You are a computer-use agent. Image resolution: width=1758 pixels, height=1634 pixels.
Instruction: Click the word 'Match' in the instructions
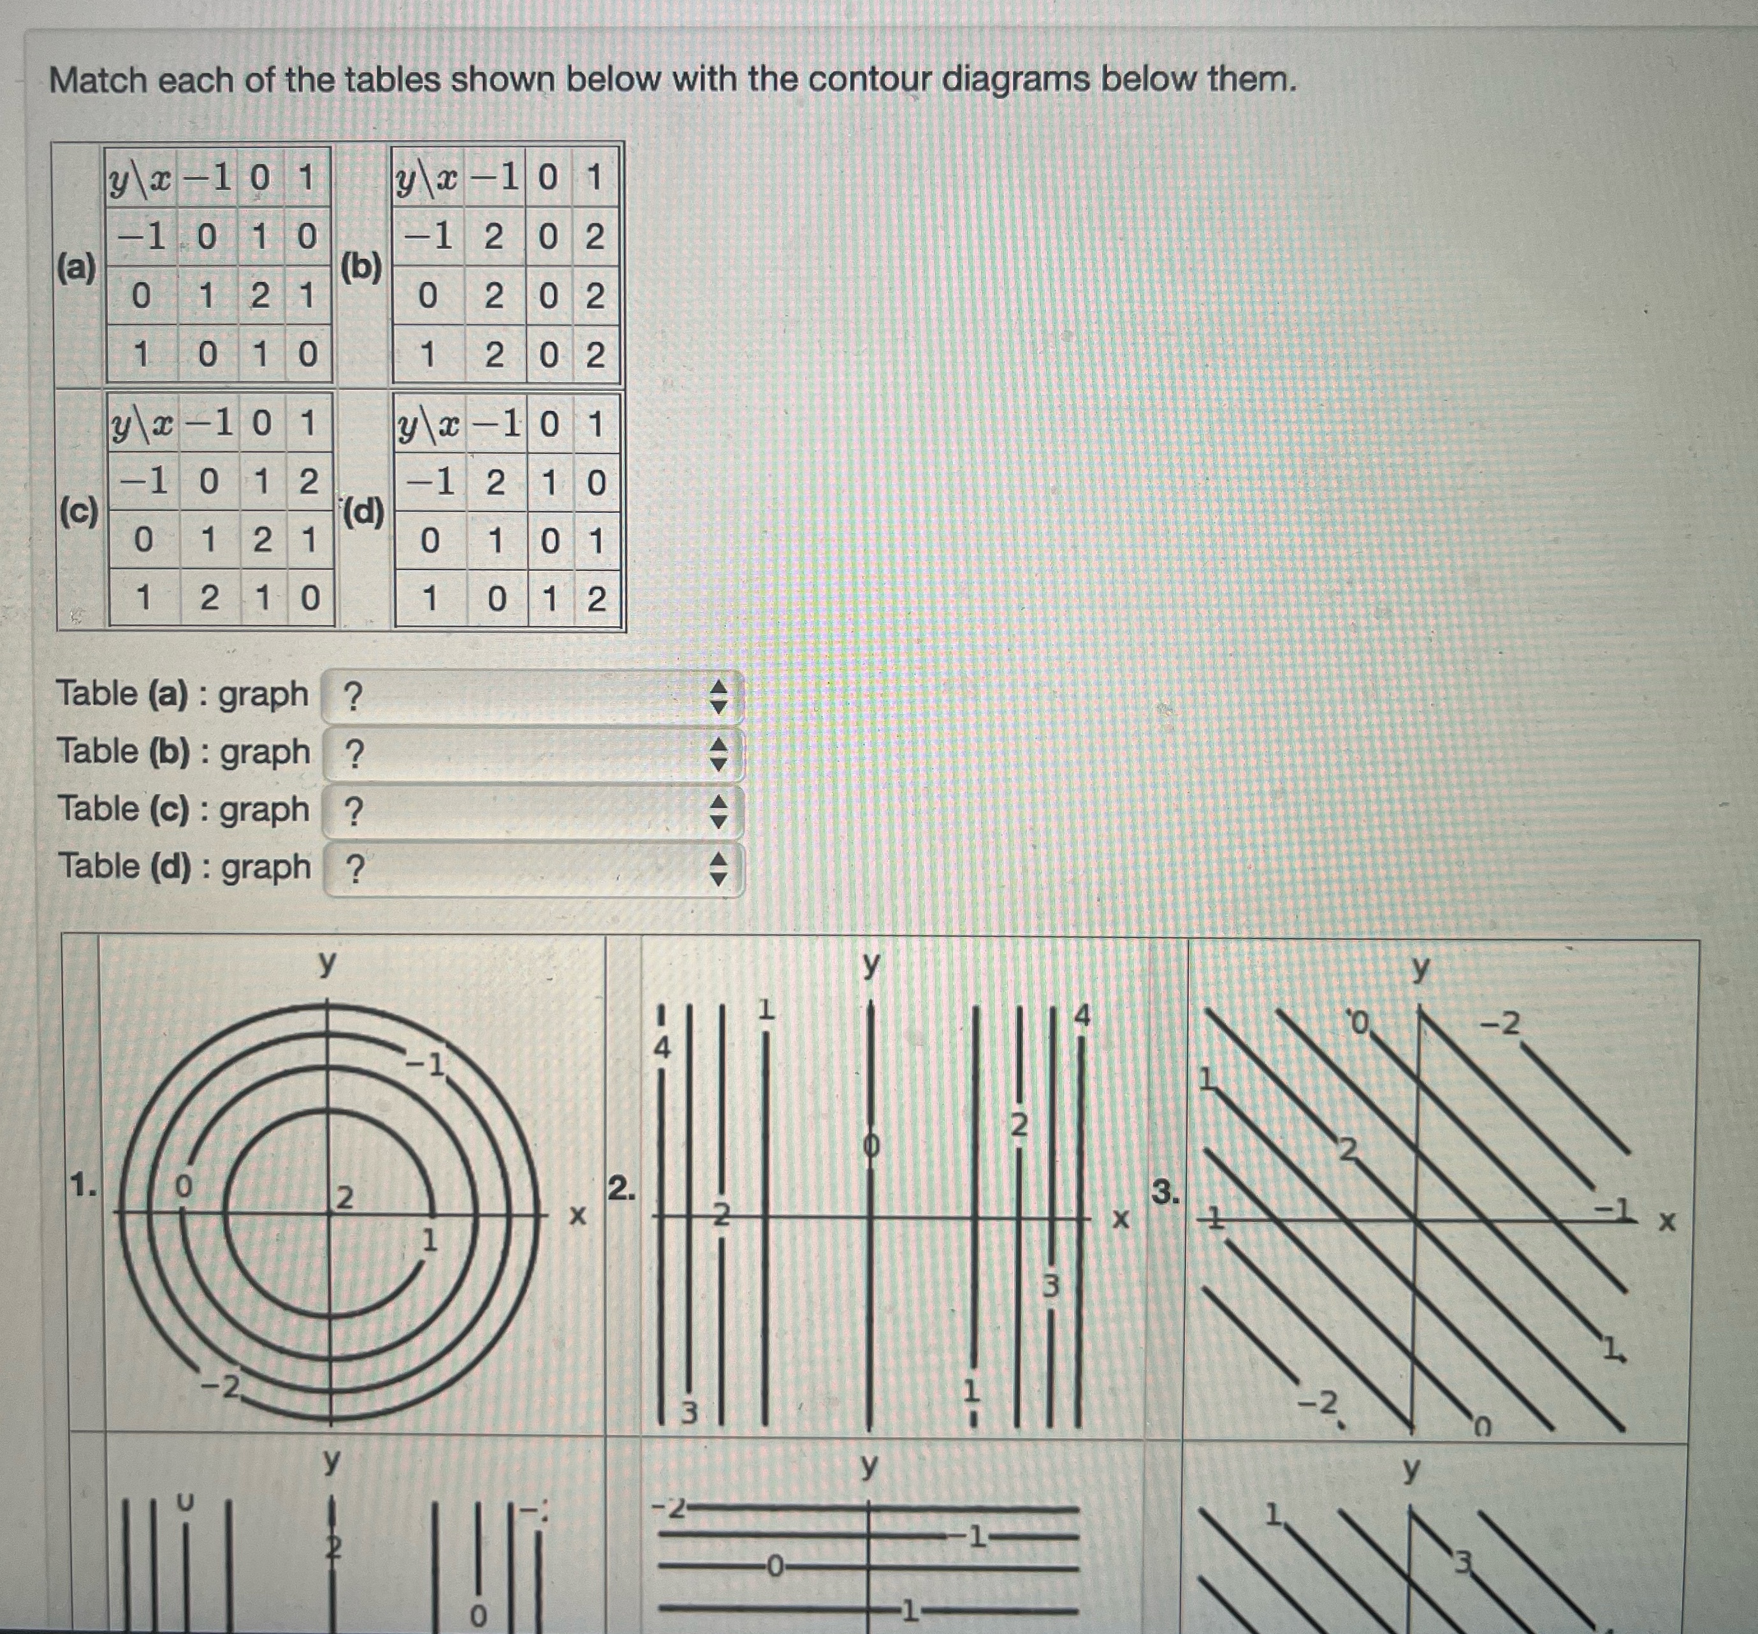(98, 80)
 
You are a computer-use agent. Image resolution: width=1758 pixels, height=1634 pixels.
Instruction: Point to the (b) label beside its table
(361, 267)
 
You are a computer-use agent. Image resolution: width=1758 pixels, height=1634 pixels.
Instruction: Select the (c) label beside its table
(78, 512)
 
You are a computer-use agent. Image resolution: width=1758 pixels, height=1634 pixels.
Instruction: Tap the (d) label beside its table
(363, 512)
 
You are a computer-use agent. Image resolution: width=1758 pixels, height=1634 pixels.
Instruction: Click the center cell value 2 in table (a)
(260, 296)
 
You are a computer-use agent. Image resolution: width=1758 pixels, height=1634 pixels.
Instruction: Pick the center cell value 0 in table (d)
(549, 540)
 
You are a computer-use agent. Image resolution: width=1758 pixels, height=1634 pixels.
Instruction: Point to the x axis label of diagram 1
(577, 1217)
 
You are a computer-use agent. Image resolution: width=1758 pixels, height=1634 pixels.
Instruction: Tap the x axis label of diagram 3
(1667, 1222)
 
